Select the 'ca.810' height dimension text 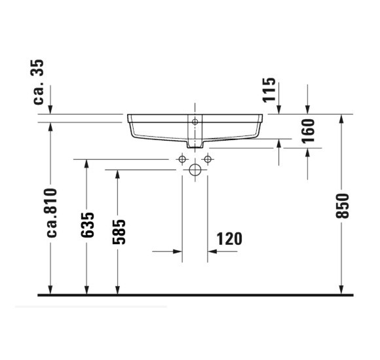[52, 212]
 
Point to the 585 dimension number [118, 230]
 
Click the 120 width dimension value [229, 239]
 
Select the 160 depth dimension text [309, 131]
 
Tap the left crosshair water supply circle [182, 159]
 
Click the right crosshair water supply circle [207, 159]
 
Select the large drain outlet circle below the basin [195, 171]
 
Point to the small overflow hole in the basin [195, 122]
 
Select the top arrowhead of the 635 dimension [86, 164]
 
